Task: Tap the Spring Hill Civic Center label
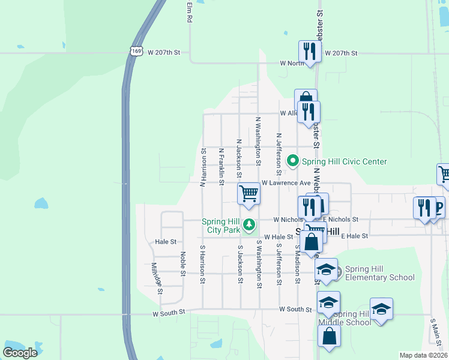pyautogui.click(x=344, y=161)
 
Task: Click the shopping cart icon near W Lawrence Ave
pyautogui.click(x=249, y=194)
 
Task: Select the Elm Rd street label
pyautogui.click(x=189, y=11)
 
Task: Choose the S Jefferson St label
pyautogui.click(x=279, y=263)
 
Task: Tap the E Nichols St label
pyautogui.click(x=341, y=220)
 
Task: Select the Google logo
pyautogui.click(x=20, y=352)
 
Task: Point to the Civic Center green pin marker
pyautogui.click(x=293, y=161)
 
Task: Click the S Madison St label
pyautogui.click(x=297, y=263)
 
